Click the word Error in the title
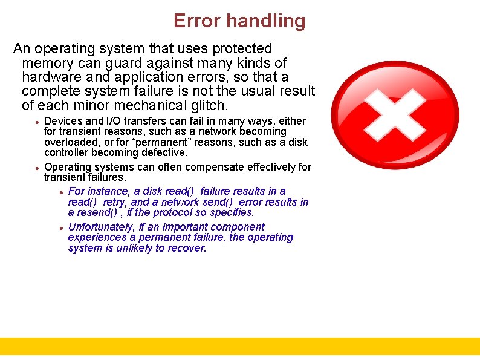point(197,21)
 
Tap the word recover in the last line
point(187,248)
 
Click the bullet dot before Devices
point(37,122)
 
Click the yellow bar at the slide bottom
point(240,346)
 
